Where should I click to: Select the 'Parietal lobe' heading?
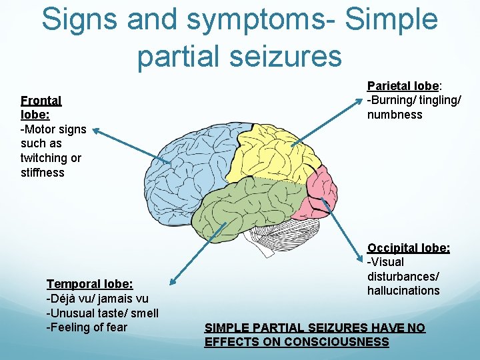(x=403, y=86)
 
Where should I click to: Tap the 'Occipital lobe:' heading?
(x=409, y=248)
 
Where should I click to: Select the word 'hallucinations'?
(x=403, y=291)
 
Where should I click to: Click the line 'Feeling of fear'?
(x=87, y=327)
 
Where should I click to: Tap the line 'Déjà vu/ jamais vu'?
(x=97, y=299)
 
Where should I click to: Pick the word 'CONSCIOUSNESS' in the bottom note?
(x=336, y=342)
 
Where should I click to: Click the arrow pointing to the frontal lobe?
(x=131, y=144)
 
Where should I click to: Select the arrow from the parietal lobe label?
(x=327, y=119)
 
